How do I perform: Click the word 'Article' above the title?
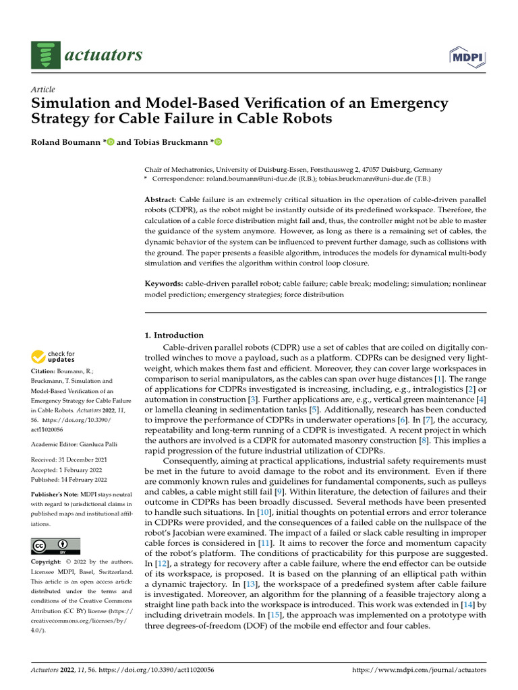click(43, 90)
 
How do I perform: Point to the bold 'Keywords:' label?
click(164, 284)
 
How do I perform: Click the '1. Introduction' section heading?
click(174, 335)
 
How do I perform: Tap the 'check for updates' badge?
click(55, 356)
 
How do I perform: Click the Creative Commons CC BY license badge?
click(55, 546)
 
